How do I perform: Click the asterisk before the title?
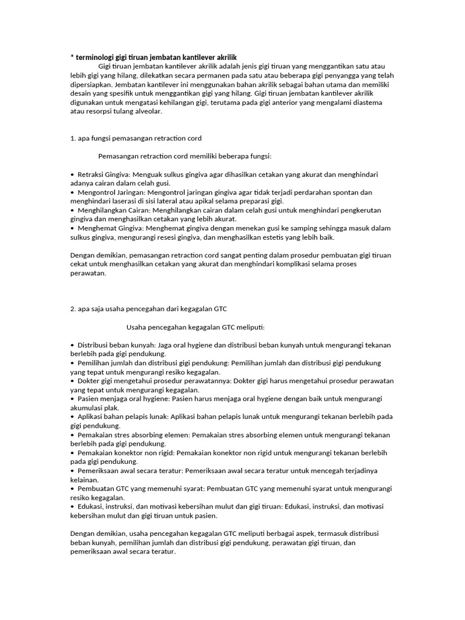click(x=73, y=57)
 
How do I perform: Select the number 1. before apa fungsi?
click(x=73, y=138)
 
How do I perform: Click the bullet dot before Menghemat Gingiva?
click(x=73, y=228)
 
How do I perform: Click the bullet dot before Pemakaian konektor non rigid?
click(x=73, y=453)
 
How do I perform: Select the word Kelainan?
click(x=84, y=480)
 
